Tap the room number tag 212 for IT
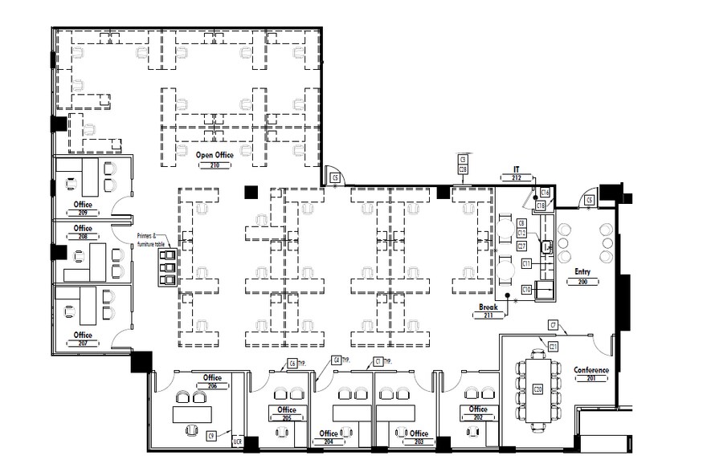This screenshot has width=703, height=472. coord(517,177)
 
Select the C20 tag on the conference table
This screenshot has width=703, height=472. coord(537,390)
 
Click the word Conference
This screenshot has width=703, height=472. coord(591,370)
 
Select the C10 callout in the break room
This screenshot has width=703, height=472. coord(527,289)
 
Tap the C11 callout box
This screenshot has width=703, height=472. coord(526,263)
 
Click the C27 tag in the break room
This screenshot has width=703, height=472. coord(521,246)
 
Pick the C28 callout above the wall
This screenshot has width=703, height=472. coord(463,169)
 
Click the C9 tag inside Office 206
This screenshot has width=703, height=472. coord(211,435)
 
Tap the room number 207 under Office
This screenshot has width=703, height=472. coord(83,343)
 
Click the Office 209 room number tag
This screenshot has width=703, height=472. coord(83,214)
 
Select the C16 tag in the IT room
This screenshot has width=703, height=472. coord(544,193)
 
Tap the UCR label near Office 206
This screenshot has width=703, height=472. coord(237,441)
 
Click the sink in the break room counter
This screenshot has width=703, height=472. coord(547,246)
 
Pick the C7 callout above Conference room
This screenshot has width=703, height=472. coord(554,324)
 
